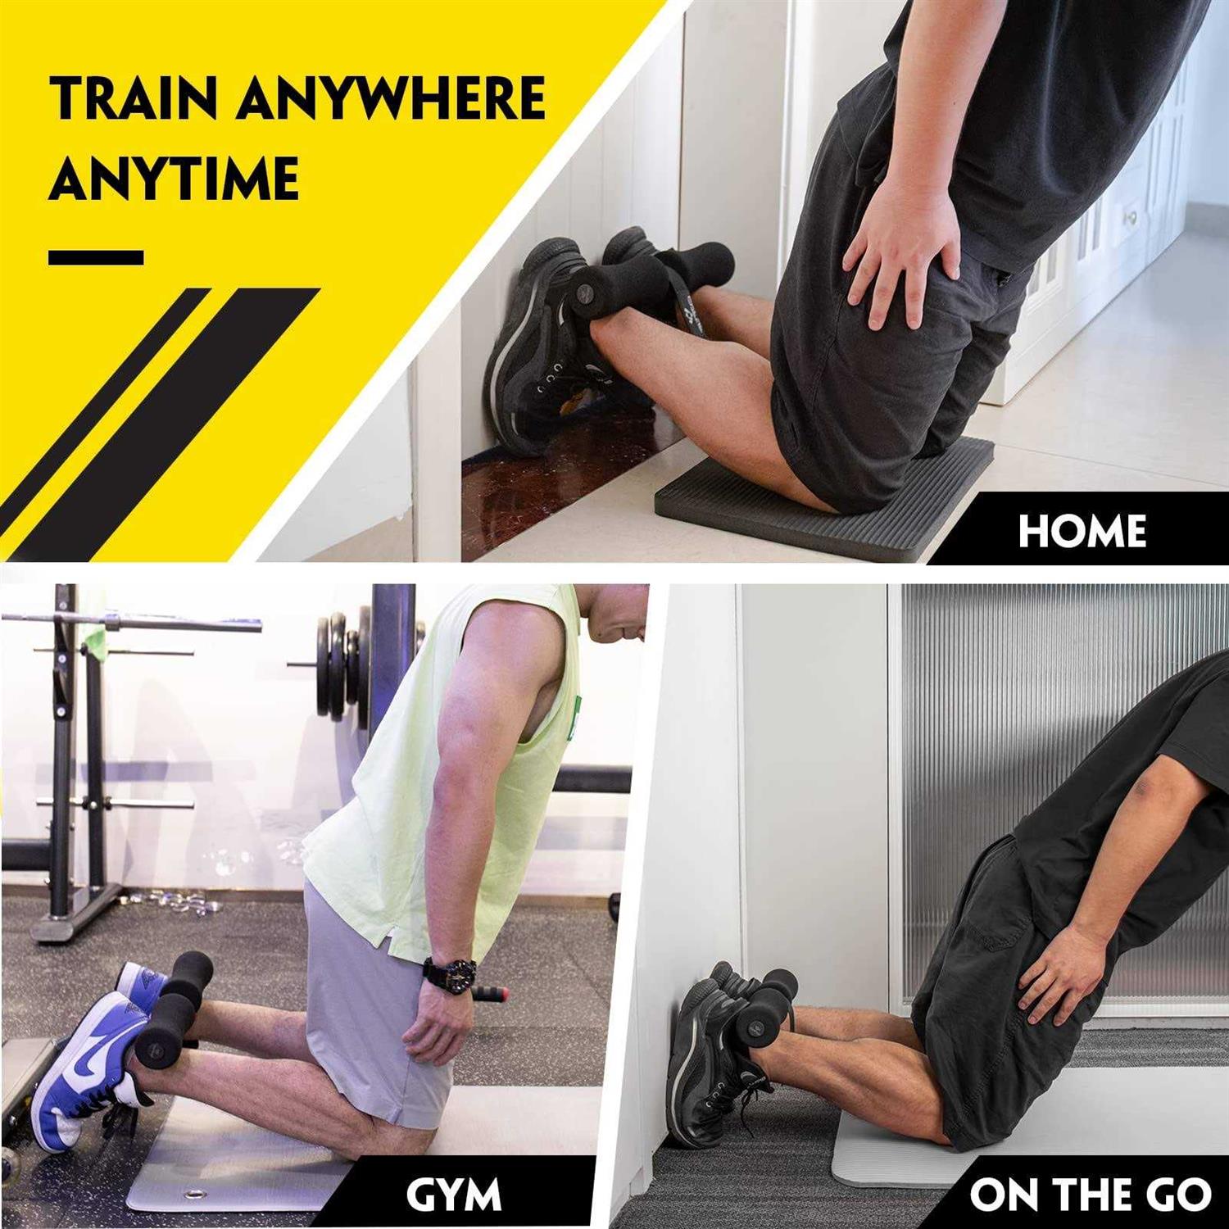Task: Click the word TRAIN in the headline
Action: coord(136,99)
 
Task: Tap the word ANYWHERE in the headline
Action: coord(392,99)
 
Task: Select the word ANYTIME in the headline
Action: coord(174,179)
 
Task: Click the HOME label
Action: coord(1082,531)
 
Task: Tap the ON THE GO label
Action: coord(1090,1195)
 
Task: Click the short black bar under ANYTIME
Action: coord(96,257)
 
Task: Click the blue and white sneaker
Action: coord(90,1065)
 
